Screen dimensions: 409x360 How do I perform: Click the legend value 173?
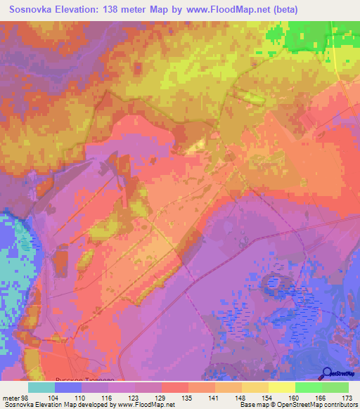tap(348, 397)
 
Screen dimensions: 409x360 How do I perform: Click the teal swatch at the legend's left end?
tap(41, 387)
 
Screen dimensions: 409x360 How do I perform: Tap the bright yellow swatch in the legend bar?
tap(281, 387)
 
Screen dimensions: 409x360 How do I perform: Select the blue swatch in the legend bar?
tap(68, 387)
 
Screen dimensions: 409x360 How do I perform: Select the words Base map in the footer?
tap(255, 405)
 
